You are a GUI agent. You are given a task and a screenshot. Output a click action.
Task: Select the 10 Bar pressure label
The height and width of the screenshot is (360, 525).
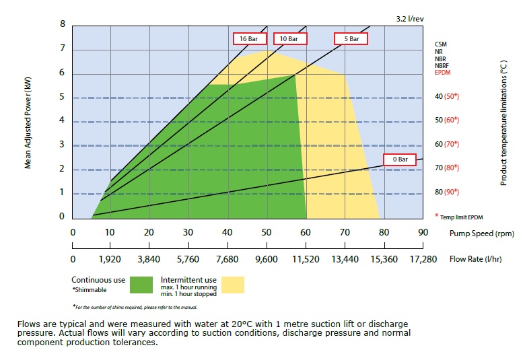point(289,38)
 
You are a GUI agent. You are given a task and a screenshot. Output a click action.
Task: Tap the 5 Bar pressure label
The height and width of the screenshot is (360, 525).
point(351,38)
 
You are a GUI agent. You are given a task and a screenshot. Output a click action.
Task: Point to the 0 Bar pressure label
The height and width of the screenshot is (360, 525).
point(400,159)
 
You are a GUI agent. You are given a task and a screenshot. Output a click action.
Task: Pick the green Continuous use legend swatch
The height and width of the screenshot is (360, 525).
point(141,285)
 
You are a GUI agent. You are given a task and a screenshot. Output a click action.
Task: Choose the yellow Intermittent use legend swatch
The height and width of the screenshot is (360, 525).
point(233,285)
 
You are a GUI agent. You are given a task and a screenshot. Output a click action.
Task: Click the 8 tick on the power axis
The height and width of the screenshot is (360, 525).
point(63,24)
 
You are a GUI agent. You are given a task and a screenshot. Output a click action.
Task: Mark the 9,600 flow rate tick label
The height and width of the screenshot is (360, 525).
point(267,258)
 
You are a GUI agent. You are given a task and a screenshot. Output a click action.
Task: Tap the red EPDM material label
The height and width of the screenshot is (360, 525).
point(442,73)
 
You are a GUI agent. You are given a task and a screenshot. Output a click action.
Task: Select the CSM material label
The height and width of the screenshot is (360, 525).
point(441,44)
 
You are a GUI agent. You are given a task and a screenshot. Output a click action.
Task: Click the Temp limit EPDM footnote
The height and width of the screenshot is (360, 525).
point(460,216)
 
